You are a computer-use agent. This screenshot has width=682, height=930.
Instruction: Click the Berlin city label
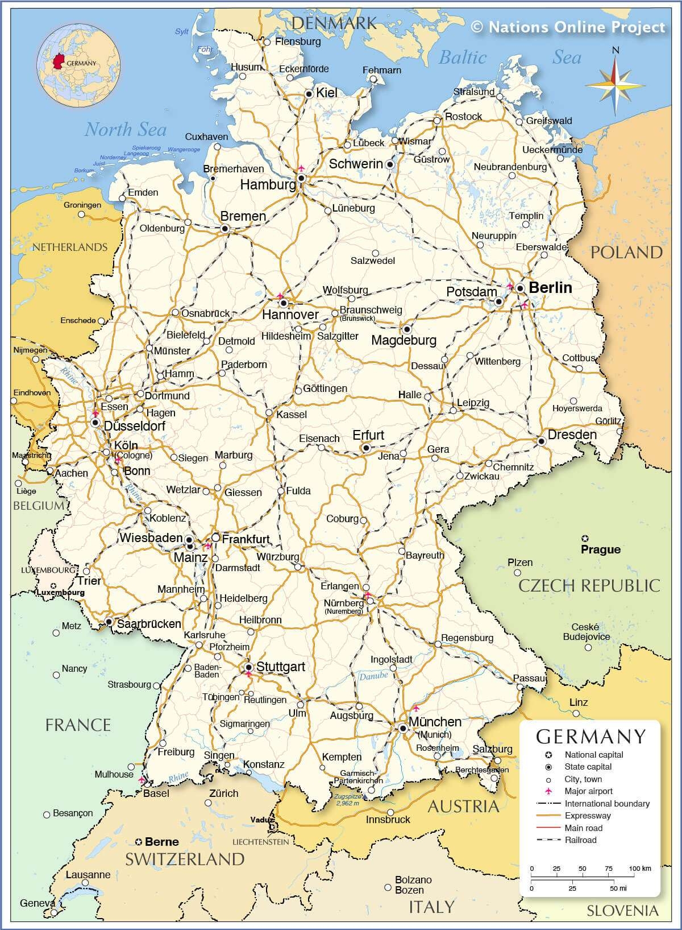pos(550,288)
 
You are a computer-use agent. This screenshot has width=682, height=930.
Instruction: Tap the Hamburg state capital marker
pos(301,178)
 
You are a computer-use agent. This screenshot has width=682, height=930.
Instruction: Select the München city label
pos(435,722)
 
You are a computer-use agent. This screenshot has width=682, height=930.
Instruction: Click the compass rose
pos(616,81)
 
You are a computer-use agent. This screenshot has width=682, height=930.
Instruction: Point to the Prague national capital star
pos(585,538)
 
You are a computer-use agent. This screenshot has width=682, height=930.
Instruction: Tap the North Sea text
pos(126,130)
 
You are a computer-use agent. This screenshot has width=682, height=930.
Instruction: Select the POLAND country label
pos(626,253)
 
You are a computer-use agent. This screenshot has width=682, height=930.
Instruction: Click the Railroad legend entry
pos(580,840)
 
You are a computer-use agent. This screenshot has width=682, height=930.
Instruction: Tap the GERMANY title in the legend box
pos(591,737)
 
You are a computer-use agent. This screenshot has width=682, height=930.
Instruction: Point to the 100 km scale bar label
pos(639,869)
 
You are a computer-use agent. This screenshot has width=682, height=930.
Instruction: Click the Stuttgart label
pos(281,667)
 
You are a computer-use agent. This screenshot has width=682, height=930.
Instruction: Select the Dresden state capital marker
pos(542,441)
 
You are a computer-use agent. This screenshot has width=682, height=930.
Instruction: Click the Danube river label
pos(373,676)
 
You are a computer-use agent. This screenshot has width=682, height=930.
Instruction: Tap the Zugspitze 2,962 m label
pos(347,800)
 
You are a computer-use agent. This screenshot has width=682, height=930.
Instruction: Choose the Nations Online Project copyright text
pos(568,27)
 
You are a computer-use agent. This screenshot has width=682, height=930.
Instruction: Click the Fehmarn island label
pos(382,70)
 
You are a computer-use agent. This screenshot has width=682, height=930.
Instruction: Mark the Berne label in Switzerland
pos(161,842)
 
